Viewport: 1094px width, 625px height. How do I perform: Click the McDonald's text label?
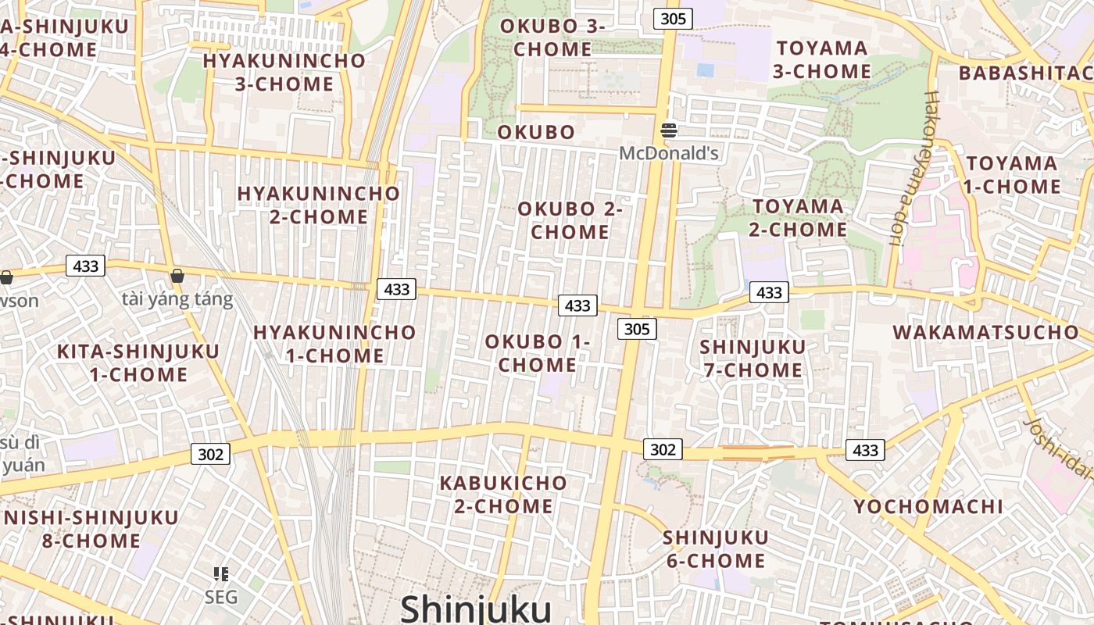668,152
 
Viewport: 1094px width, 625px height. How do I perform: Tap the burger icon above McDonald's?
668,130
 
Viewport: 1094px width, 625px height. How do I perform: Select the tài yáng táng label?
177,299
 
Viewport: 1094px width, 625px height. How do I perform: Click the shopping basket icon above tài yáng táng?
177,276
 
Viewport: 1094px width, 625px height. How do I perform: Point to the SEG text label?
220,598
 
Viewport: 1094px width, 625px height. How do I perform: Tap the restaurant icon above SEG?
221,575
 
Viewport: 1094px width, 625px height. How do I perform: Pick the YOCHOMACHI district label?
928,506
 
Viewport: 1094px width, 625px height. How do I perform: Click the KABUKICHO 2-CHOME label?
503,494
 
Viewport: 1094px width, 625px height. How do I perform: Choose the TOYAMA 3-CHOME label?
822,59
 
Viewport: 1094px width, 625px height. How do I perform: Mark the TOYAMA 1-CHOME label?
1012,175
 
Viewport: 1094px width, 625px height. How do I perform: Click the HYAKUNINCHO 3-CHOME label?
284,72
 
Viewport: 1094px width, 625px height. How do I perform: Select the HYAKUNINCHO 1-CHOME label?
334,344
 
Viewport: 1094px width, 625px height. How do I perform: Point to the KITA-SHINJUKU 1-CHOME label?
138,362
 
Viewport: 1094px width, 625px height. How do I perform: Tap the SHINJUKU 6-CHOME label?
715,548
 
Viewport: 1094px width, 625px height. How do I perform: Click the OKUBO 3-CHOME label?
552,37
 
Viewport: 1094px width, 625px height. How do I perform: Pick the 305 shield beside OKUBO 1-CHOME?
637,329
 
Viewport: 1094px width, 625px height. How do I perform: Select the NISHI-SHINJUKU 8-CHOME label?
91,529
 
